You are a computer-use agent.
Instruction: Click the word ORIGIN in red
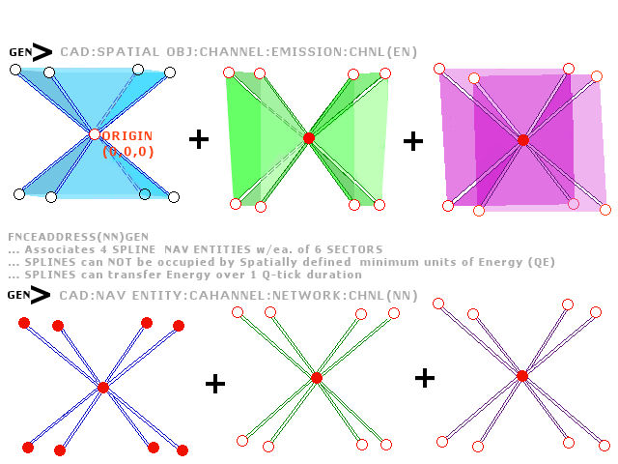point(127,135)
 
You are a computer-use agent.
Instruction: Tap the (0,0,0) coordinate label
point(128,152)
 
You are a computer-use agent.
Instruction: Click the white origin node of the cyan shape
point(95,134)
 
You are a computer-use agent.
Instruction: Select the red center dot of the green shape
point(309,138)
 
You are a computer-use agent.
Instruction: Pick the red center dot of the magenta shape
point(523,140)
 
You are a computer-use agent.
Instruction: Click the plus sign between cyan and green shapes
point(199,139)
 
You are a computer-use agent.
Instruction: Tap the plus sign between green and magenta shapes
point(413,141)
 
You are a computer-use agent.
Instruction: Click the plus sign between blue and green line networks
point(215,384)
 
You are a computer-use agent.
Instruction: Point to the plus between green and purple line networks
point(425,378)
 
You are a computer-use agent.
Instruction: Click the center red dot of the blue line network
point(103,388)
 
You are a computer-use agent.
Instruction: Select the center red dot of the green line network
point(317,378)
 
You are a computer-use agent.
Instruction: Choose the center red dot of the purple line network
point(522,376)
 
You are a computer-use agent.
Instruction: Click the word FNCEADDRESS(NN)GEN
point(78,237)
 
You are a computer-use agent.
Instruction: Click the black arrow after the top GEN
point(42,52)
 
